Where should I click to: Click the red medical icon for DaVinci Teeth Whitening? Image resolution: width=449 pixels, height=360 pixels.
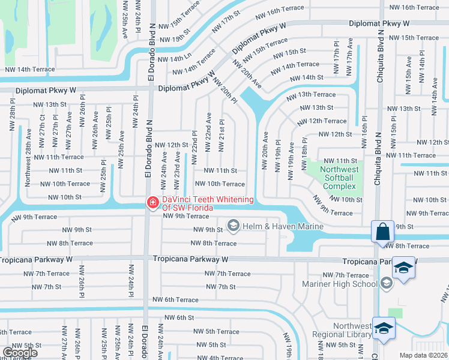(153, 204)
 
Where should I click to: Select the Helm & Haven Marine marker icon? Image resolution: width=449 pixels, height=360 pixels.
(233, 226)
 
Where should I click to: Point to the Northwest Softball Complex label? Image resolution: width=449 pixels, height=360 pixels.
(339, 178)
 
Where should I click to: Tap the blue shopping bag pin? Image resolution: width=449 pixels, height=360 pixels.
(382, 232)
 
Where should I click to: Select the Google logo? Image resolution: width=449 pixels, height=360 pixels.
(20, 353)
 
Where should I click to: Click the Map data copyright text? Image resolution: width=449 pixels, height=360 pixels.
(424, 355)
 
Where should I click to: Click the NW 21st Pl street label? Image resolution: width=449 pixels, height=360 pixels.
(222, 127)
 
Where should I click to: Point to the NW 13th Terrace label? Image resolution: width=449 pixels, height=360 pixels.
(310, 95)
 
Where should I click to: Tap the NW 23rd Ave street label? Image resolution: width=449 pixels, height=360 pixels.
(177, 164)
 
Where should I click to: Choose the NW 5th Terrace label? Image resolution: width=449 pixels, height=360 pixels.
(214, 331)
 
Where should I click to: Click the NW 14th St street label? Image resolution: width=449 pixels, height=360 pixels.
(306, 78)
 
